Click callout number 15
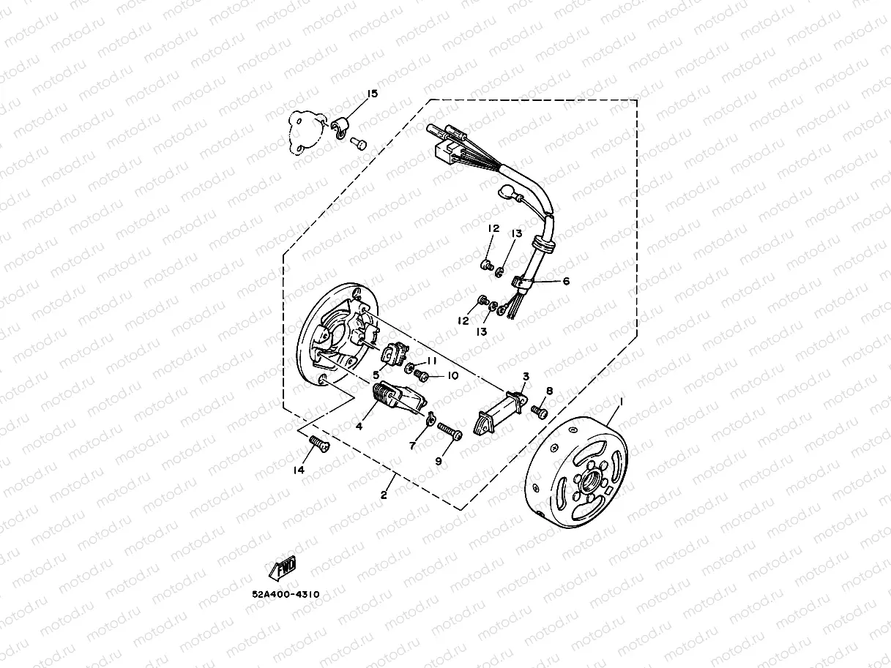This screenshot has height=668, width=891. click(372, 94)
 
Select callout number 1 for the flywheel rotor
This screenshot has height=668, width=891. click(622, 402)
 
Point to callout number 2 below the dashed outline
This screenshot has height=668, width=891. click(383, 495)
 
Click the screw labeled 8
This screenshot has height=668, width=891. click(540, 412)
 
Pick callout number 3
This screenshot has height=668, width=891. click(526, 377)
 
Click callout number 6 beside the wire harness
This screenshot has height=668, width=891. click(566, 281)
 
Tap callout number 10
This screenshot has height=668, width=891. click(452, 375)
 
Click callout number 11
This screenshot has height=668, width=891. click(431, 361)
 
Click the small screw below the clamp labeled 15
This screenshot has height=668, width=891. click(359, 144)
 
